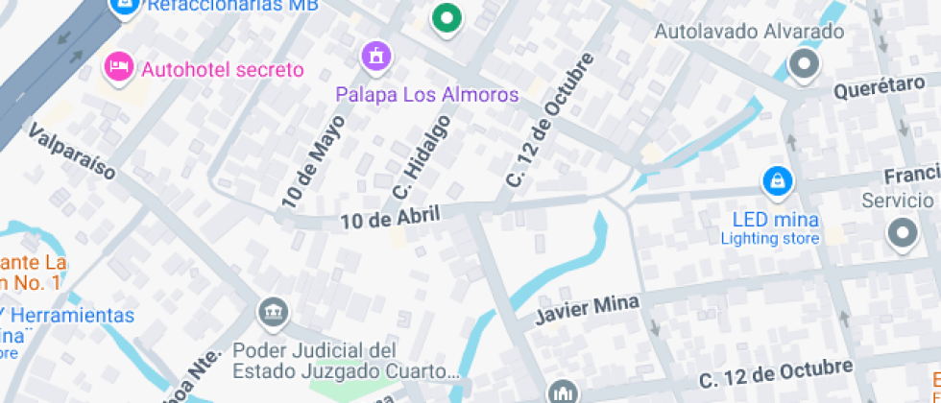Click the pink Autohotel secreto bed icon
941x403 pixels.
117,67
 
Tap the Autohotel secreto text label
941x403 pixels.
222,69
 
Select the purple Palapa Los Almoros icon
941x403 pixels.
375,55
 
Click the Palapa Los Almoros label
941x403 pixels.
426,95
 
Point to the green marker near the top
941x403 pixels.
445,17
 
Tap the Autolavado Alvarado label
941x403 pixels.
749,32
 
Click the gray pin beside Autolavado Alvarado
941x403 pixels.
803,65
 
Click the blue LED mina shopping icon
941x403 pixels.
775,180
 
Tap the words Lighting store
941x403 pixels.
770,238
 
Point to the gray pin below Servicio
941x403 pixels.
903,232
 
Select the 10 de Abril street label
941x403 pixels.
390,218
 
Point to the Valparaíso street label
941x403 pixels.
73,151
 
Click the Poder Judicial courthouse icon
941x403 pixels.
273,311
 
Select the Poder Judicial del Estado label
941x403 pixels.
341,360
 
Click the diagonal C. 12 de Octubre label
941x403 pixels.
545,120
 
